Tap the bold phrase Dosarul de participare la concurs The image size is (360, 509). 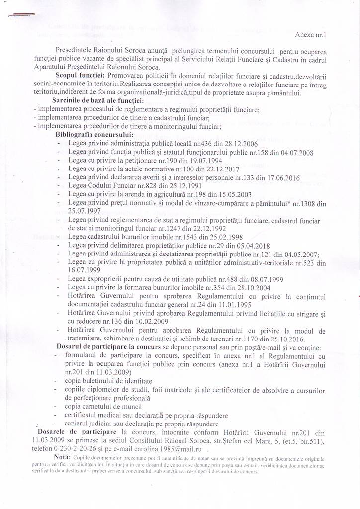[x=105, y=348]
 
